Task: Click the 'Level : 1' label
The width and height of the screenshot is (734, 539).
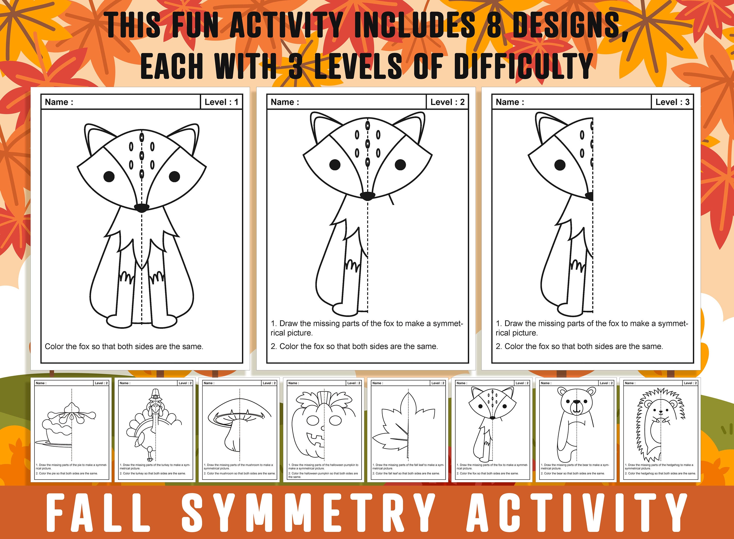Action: pos(221,102)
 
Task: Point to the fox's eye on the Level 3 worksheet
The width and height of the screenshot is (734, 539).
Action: pos(560,165)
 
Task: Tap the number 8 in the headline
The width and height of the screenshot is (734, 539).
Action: pos(494,25)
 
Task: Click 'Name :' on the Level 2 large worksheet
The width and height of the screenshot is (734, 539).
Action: pos(285,102)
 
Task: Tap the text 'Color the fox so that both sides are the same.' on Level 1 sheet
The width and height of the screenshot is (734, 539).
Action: pos(124,346)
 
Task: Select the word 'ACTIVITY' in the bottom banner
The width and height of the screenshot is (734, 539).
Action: pos(576,513)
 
